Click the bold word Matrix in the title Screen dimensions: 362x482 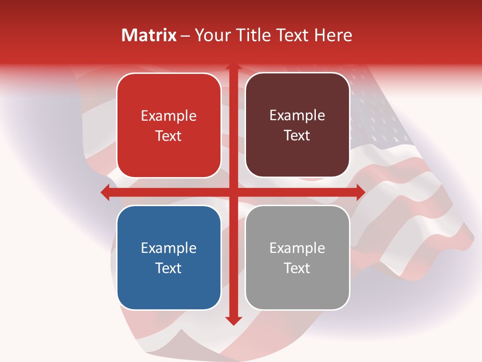point(149,35)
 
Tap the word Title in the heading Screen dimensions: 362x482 point(252,35)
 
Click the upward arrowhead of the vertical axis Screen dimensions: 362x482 point(233,66)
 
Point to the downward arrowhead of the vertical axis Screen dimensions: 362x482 point(233,321)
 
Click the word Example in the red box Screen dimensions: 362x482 point(169,116)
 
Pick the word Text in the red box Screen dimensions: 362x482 point(169,136)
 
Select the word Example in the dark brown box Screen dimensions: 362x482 point(297,116)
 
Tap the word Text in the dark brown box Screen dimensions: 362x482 point(297,136)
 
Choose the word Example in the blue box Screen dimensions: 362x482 point(169,248)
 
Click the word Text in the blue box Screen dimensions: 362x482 point(169,268)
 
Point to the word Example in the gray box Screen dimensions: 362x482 point(297,248)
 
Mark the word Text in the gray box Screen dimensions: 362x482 point(297,268)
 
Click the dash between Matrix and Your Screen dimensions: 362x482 point(185,36)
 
